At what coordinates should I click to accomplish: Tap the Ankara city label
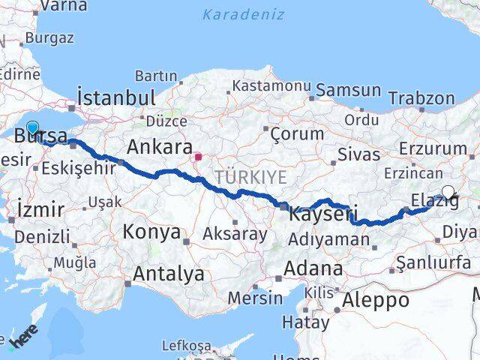tap(160, 145)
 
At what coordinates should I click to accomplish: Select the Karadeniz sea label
tap(243, 13)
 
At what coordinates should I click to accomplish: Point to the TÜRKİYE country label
tap(251, 177)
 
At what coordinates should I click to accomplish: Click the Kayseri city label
tap(322, 214)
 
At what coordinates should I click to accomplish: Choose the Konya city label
tap(151, 232)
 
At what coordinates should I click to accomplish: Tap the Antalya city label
tap(168, 274)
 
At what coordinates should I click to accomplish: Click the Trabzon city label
tap(421, 98)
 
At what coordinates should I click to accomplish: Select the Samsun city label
tap(349, 90)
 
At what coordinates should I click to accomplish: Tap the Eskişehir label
tap(79, 167)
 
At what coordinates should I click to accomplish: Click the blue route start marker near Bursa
tap(32, 127)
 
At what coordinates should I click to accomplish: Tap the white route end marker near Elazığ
tap(448, 191)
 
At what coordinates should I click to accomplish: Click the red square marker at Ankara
tap(198, 157)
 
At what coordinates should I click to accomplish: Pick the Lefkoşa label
tap(186, 345)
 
